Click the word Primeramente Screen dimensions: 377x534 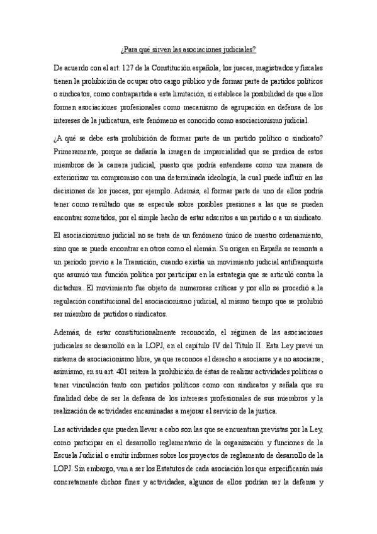78,151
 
